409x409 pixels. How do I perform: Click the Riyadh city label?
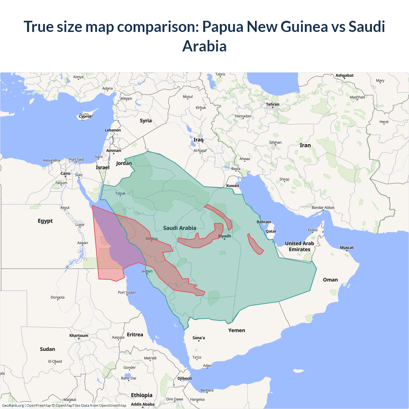pos(225,236)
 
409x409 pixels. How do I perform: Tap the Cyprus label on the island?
pos(85,116)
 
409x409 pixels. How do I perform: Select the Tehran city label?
pos(273,104)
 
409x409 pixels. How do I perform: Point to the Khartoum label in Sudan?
pos(79,336)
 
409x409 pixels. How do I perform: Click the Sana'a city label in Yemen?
pos(199,338)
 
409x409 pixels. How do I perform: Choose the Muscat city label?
pos(347,248)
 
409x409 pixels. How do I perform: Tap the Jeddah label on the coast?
pos(147,271)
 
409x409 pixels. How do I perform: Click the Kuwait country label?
pos(233,186)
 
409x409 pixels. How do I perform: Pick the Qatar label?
pos(271,231)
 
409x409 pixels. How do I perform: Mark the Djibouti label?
pos(185,378)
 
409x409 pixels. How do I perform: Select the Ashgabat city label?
pos(344,75)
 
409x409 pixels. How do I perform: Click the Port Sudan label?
pos(127,292)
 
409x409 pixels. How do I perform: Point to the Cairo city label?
pos(66,174)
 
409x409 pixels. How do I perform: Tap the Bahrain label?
pos(264,222)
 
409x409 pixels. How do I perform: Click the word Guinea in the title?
pos(304,27)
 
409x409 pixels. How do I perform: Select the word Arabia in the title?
pos(204,46)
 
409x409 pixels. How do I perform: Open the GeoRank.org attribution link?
pos(13,405)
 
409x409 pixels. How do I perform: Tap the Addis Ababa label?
pos(143,404)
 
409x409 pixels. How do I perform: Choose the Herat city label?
pos(384,122)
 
